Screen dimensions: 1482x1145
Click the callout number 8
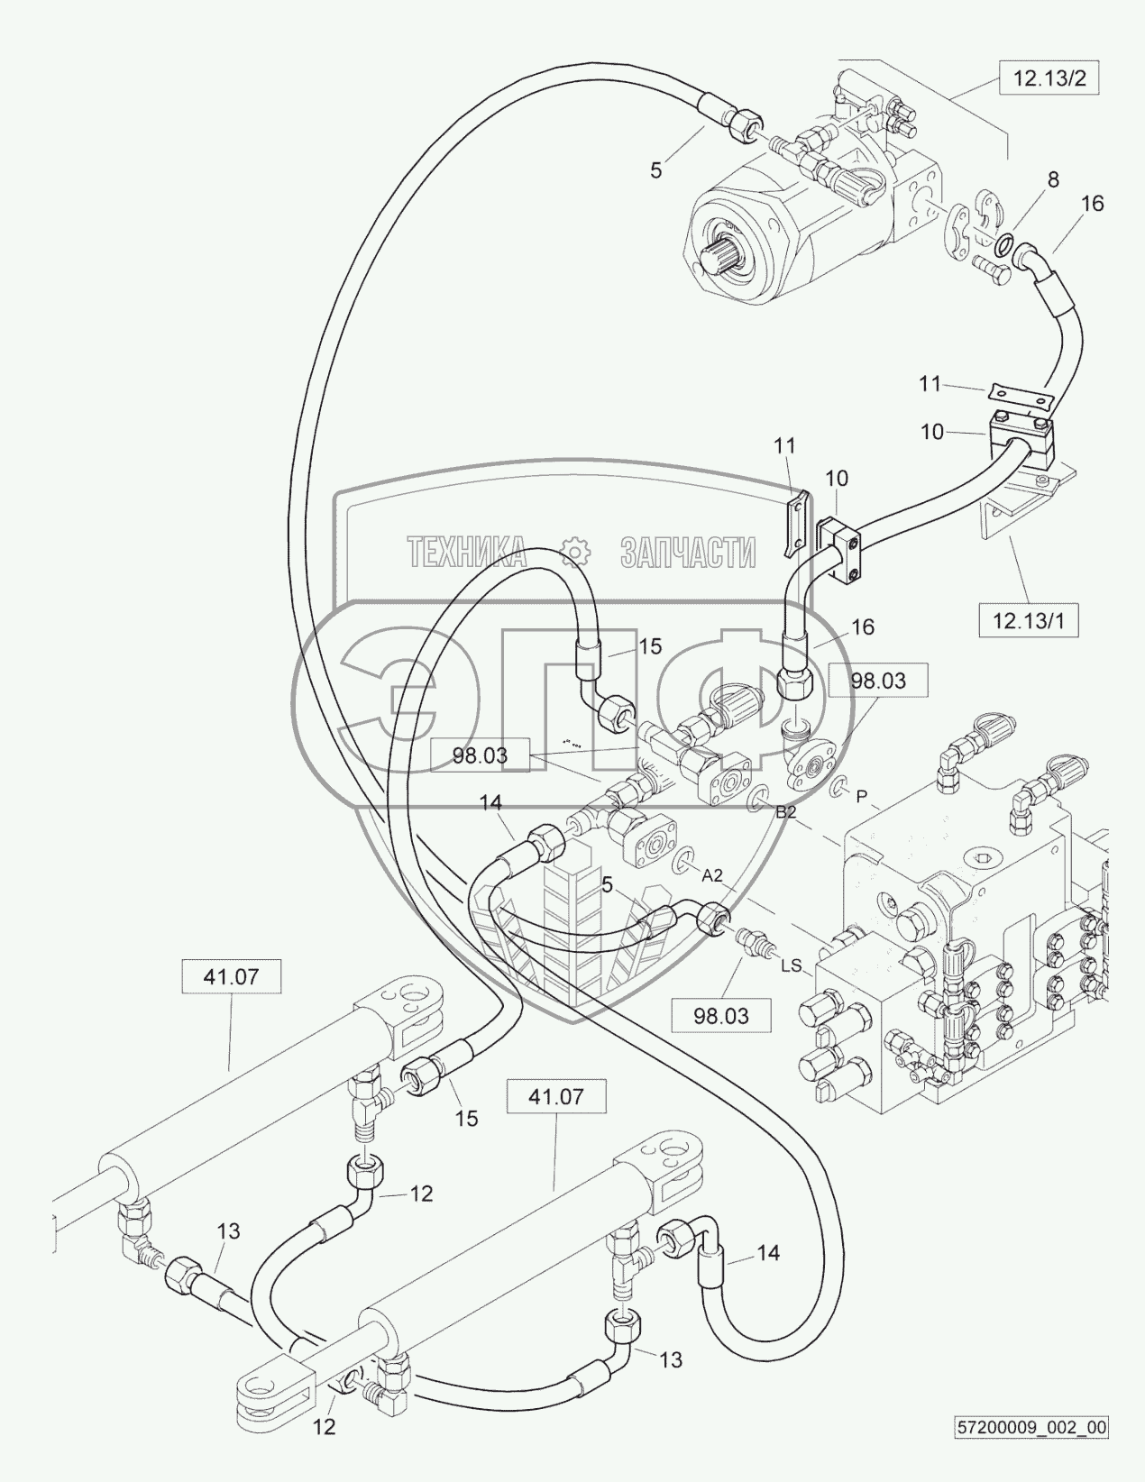[x=1052, y=180]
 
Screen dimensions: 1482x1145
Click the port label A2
[x=712, y=874]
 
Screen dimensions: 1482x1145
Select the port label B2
[x=786, y=811]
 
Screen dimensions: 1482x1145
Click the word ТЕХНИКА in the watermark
[x=466, y=552]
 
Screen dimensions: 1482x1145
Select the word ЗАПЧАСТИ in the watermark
[x=688, y=552]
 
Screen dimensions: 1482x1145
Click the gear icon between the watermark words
[x=574, y=551]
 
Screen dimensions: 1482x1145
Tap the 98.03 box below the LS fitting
[x=721, y=1016]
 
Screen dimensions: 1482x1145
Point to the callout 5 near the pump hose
[x=655, y=169]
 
